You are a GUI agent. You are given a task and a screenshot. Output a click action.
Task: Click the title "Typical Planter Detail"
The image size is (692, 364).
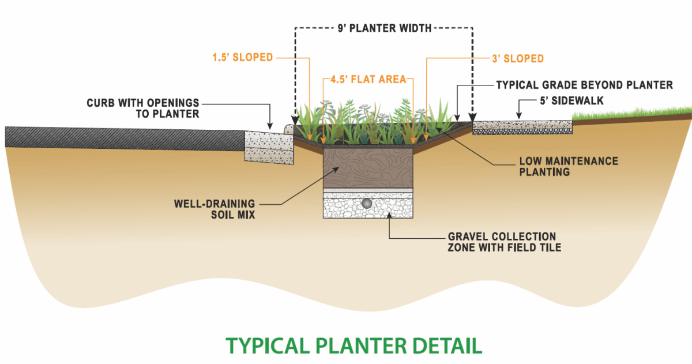(x=353, y=345)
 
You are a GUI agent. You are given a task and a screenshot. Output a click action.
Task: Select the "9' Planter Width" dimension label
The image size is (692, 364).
(x=384, y=28)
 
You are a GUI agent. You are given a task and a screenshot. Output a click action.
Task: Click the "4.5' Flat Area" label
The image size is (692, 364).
(x=368, y=79)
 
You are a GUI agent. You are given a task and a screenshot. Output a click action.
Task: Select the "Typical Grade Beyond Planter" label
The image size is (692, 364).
(x=584, y=85)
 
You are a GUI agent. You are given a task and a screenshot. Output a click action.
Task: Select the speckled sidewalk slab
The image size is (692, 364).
(x=522, y=127)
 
